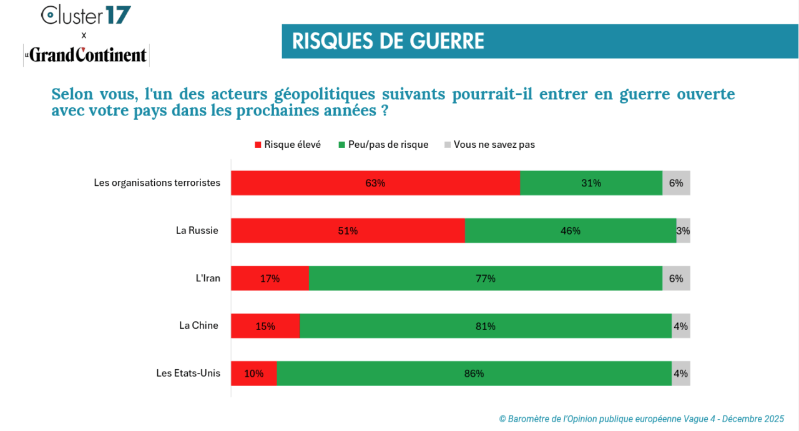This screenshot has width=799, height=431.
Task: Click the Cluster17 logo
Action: tap(86, 15)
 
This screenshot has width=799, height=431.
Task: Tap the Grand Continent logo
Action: tap(86, 56)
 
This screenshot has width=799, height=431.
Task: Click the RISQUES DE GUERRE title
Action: tap(388, 41)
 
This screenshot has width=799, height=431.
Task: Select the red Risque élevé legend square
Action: tap(258, 145)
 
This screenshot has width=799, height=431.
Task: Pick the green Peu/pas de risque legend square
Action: tap(341, 145)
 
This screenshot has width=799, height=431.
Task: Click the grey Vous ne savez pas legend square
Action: tap(447, 145)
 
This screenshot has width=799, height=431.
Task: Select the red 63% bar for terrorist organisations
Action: tap(375, 183)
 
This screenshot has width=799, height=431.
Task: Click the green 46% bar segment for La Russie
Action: tap(571, 231)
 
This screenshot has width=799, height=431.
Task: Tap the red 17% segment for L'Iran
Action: tap(270, 278)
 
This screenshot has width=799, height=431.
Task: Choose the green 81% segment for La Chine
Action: tap(486, 326)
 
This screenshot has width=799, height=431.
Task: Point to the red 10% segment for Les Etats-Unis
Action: tap(253, 374)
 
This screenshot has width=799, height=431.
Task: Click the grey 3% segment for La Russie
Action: tap(683, 231)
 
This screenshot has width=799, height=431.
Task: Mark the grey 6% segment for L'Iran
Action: tap(676, 278)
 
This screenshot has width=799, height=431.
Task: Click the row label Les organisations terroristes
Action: tap(157, 183)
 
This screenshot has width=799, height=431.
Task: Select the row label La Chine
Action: tap(199, 326)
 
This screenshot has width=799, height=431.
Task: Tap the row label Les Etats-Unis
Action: tap(188, 373)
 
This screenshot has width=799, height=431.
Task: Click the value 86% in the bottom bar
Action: tap(474, 374)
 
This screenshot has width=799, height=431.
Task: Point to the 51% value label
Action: tap(348, 231)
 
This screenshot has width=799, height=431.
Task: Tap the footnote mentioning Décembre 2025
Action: tap(641, 419)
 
